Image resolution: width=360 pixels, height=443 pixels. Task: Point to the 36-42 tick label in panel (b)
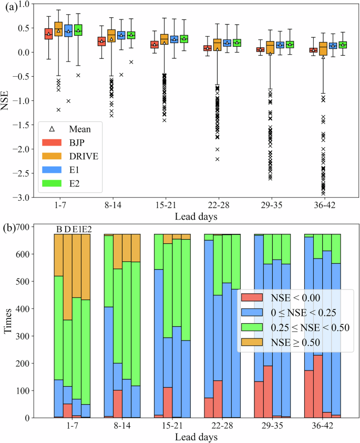(x=324, y=427)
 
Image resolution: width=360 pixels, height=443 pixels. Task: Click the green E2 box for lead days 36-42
(x=343, y=45)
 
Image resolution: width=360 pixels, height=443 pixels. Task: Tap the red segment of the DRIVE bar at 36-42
(x=317, y=386)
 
